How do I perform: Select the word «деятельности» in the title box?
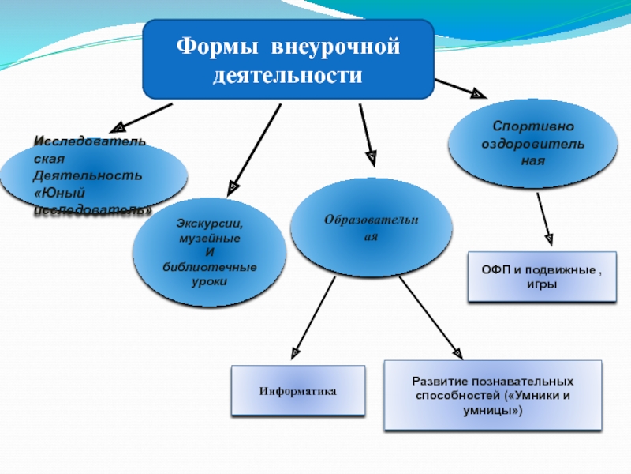(x=288, y=77)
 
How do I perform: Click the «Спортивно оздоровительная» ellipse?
(x=532, y=142)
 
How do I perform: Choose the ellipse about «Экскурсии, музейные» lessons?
(x=210, y=251)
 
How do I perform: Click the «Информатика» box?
(x=298, y=390)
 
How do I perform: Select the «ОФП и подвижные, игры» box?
(x=541, y=276)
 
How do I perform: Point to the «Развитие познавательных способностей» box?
(x=492, y=395)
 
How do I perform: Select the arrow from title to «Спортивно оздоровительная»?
(x=461, y=88)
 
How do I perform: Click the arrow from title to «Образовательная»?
(x=366, y=134)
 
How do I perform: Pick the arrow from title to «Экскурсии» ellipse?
(x=255, y=150)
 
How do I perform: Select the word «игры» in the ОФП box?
(x=541, y=284)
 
